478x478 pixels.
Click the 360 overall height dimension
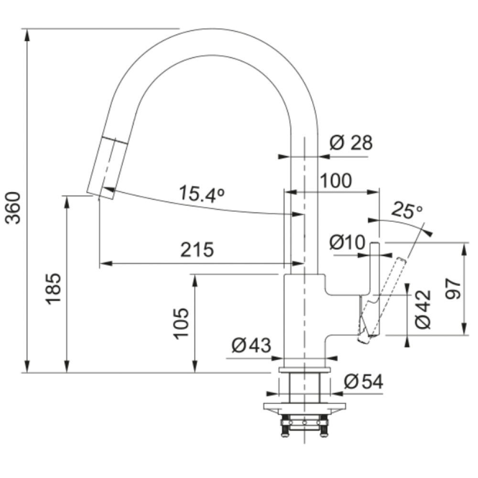(14, 208)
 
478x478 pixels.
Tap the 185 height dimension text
(54, 289)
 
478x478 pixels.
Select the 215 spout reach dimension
(197, 250)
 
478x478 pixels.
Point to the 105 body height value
(181, 324)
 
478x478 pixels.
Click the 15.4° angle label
(202, 194)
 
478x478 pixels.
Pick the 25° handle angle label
(407, 210)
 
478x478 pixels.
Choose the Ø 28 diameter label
(351, 142)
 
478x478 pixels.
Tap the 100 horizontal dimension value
(336, 181)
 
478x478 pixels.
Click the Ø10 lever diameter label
(347, 242)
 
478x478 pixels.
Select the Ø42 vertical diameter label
(424, 309)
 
